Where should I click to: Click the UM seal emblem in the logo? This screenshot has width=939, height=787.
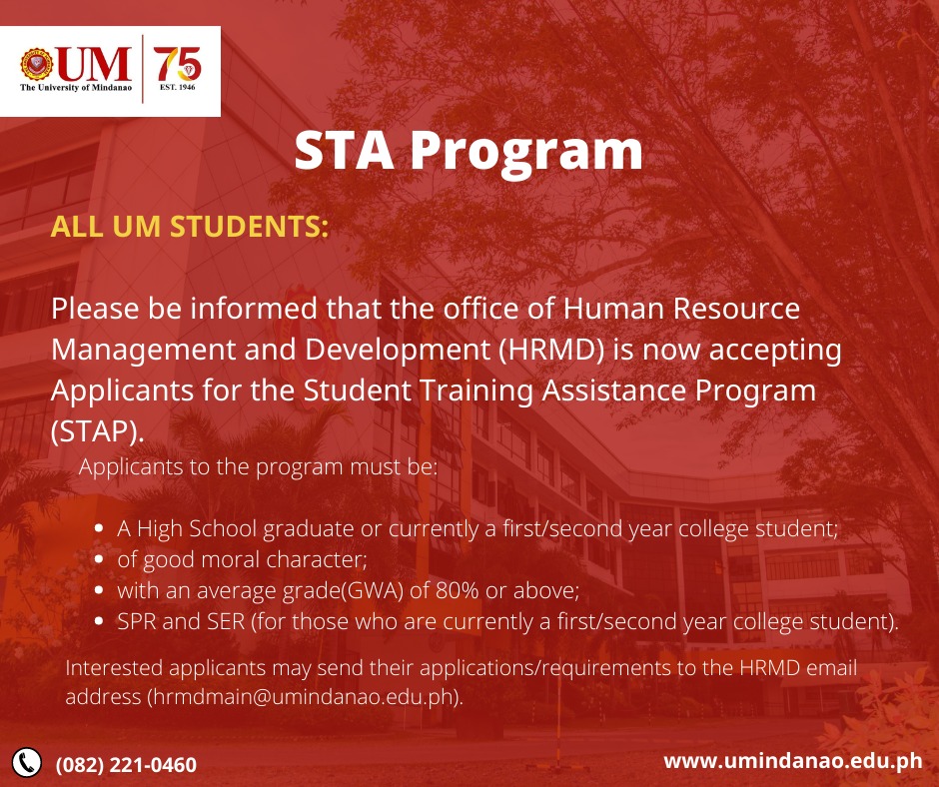click(37, 65)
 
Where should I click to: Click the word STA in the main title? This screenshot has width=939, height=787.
click(343, 151)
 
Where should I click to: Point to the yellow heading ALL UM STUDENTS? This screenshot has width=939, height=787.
click(190, 227)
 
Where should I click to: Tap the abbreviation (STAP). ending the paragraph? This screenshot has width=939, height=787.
click(98, 430)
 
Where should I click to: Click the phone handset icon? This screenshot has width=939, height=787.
click(27, 762)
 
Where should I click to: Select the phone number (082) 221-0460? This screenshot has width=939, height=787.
click(126, 765)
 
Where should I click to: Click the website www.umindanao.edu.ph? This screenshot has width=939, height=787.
click(792, 761)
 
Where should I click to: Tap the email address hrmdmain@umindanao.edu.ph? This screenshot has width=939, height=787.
click(304, 697)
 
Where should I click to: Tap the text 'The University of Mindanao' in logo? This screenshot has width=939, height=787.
click(76, 88)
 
